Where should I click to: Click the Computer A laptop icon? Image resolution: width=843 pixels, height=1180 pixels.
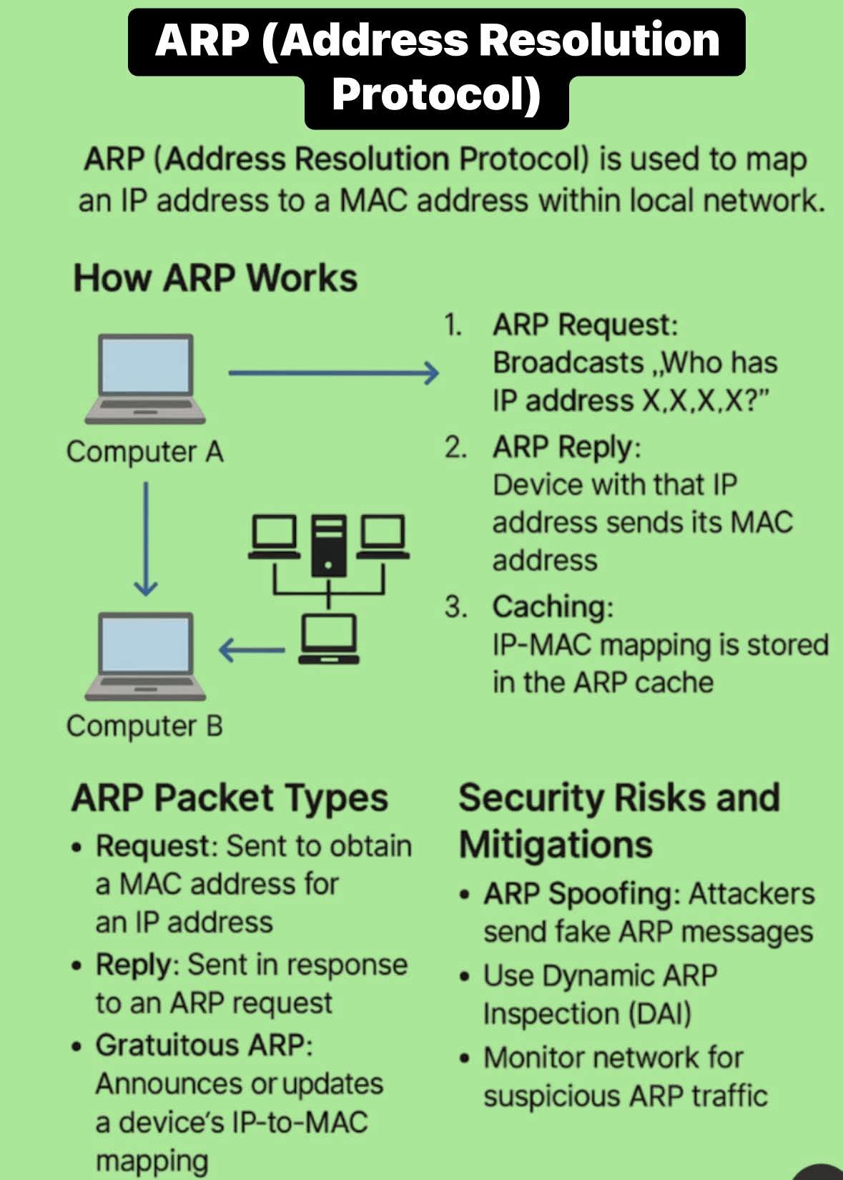pos(146,378)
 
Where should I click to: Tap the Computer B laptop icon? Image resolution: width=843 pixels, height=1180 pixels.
pos(146,655)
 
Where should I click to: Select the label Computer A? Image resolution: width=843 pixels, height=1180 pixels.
pos(145,452)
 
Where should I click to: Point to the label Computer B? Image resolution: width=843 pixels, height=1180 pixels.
pos(145,727)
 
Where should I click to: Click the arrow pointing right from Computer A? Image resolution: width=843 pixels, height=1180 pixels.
pos(333,373)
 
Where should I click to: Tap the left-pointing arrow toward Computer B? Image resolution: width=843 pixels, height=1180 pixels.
pos(252,650)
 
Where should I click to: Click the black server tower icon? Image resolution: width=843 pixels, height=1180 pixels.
pos(328,545)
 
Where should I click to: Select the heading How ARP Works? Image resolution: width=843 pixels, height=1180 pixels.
pos(215,278)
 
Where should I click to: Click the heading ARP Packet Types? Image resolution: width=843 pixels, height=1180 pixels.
pos(230,798)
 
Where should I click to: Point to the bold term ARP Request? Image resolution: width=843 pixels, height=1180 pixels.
pos(583,325)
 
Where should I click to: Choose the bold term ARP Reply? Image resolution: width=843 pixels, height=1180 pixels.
pos(565,448)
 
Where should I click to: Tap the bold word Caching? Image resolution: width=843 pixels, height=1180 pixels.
pos(551,607)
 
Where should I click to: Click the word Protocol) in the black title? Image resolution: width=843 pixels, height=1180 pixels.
pos(436,95)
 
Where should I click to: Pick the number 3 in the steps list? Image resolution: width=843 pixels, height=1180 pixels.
pos(455,607)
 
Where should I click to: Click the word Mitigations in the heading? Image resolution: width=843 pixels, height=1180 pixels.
pos(556,845)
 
